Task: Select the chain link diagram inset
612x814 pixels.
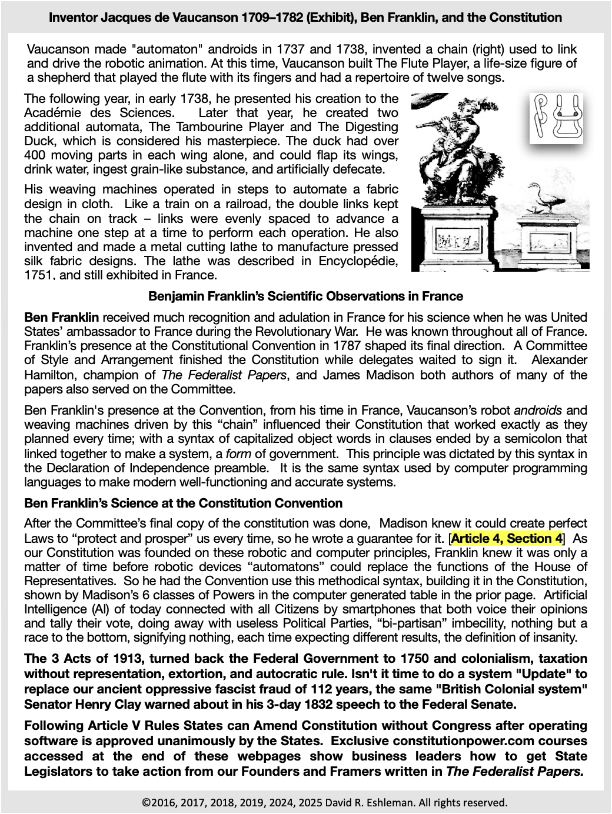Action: [x=556, y=118]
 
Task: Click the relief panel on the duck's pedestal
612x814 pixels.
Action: [x=547, y=243]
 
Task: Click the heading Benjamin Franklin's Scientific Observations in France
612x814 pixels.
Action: [x=305, y=296]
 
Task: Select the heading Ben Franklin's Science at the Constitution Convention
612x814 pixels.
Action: [x=183, y=503]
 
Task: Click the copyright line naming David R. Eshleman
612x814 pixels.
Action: [x=324, y=802]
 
